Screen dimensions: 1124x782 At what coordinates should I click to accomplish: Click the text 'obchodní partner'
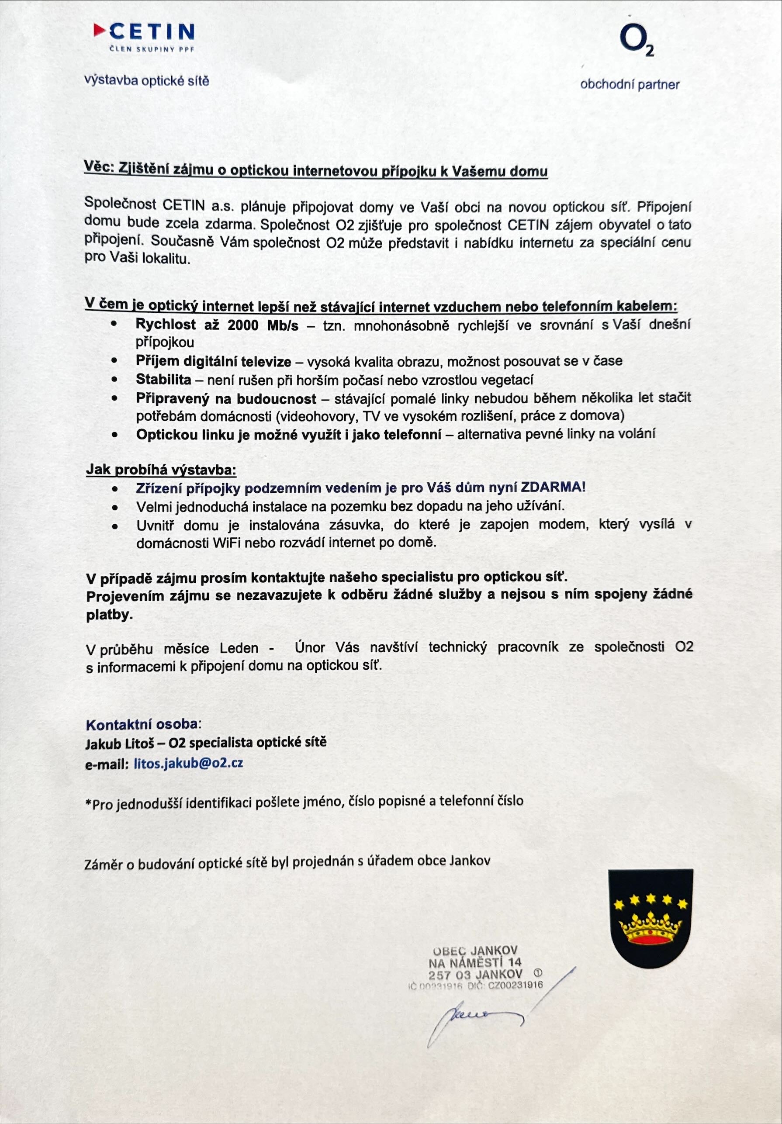629,85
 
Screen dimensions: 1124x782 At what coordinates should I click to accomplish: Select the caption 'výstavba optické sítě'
146,80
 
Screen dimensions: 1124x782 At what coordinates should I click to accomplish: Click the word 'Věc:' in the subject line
98,167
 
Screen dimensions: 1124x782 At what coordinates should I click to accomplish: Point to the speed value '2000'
243,325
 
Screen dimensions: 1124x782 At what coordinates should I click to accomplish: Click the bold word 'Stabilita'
163,379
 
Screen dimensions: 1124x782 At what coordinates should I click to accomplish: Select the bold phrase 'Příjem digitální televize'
213,361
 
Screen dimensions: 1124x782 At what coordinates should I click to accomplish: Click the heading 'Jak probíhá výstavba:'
161,470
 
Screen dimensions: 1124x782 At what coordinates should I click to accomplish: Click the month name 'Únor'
309,648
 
